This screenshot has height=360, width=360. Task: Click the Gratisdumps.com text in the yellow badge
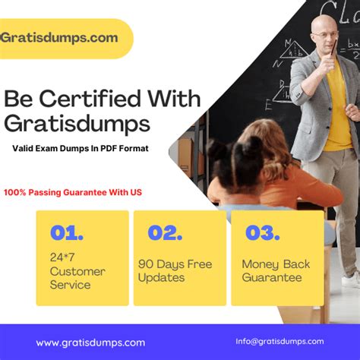tap(59, 38)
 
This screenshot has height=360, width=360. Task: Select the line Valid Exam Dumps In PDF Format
tap(81, 148)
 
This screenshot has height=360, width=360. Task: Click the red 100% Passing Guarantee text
tap(73, 192)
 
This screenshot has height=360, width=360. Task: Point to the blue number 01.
tap(67, 233)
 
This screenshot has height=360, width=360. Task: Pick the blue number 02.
tap(165, 233)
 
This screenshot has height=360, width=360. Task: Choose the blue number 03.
tap(263, 233)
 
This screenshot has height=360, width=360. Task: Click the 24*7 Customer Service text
tap(77, 271)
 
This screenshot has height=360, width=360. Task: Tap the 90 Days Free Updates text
tap(175, 271)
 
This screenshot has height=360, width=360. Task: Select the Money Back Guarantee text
tap(276, 271)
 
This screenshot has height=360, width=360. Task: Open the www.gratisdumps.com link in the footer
tap(90, 343)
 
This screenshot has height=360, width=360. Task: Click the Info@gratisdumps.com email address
tap(279, 342)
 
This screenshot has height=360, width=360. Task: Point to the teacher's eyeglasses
tap(326, 34)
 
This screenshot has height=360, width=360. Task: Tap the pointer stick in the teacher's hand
tap(333, 47)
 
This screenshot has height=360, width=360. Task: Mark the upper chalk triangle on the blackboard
tap(295, 49)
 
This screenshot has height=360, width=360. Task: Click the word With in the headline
tap(175, 98)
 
